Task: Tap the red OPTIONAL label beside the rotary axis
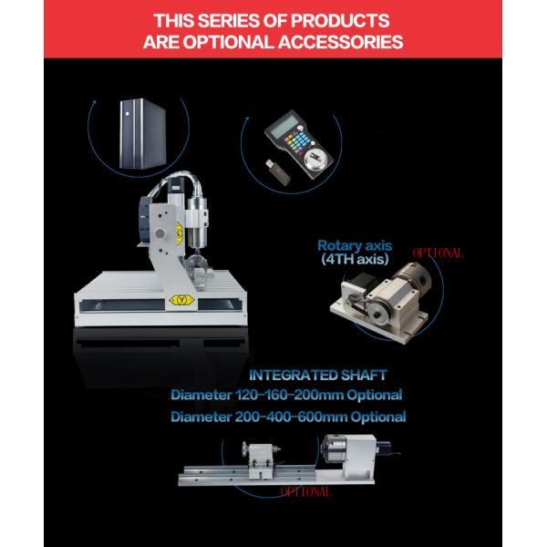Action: tap(439, 253)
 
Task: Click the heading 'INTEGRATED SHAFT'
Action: tap(317, 375)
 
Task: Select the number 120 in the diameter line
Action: tap(252, 396)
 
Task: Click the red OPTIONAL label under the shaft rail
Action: tap(306, 492)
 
